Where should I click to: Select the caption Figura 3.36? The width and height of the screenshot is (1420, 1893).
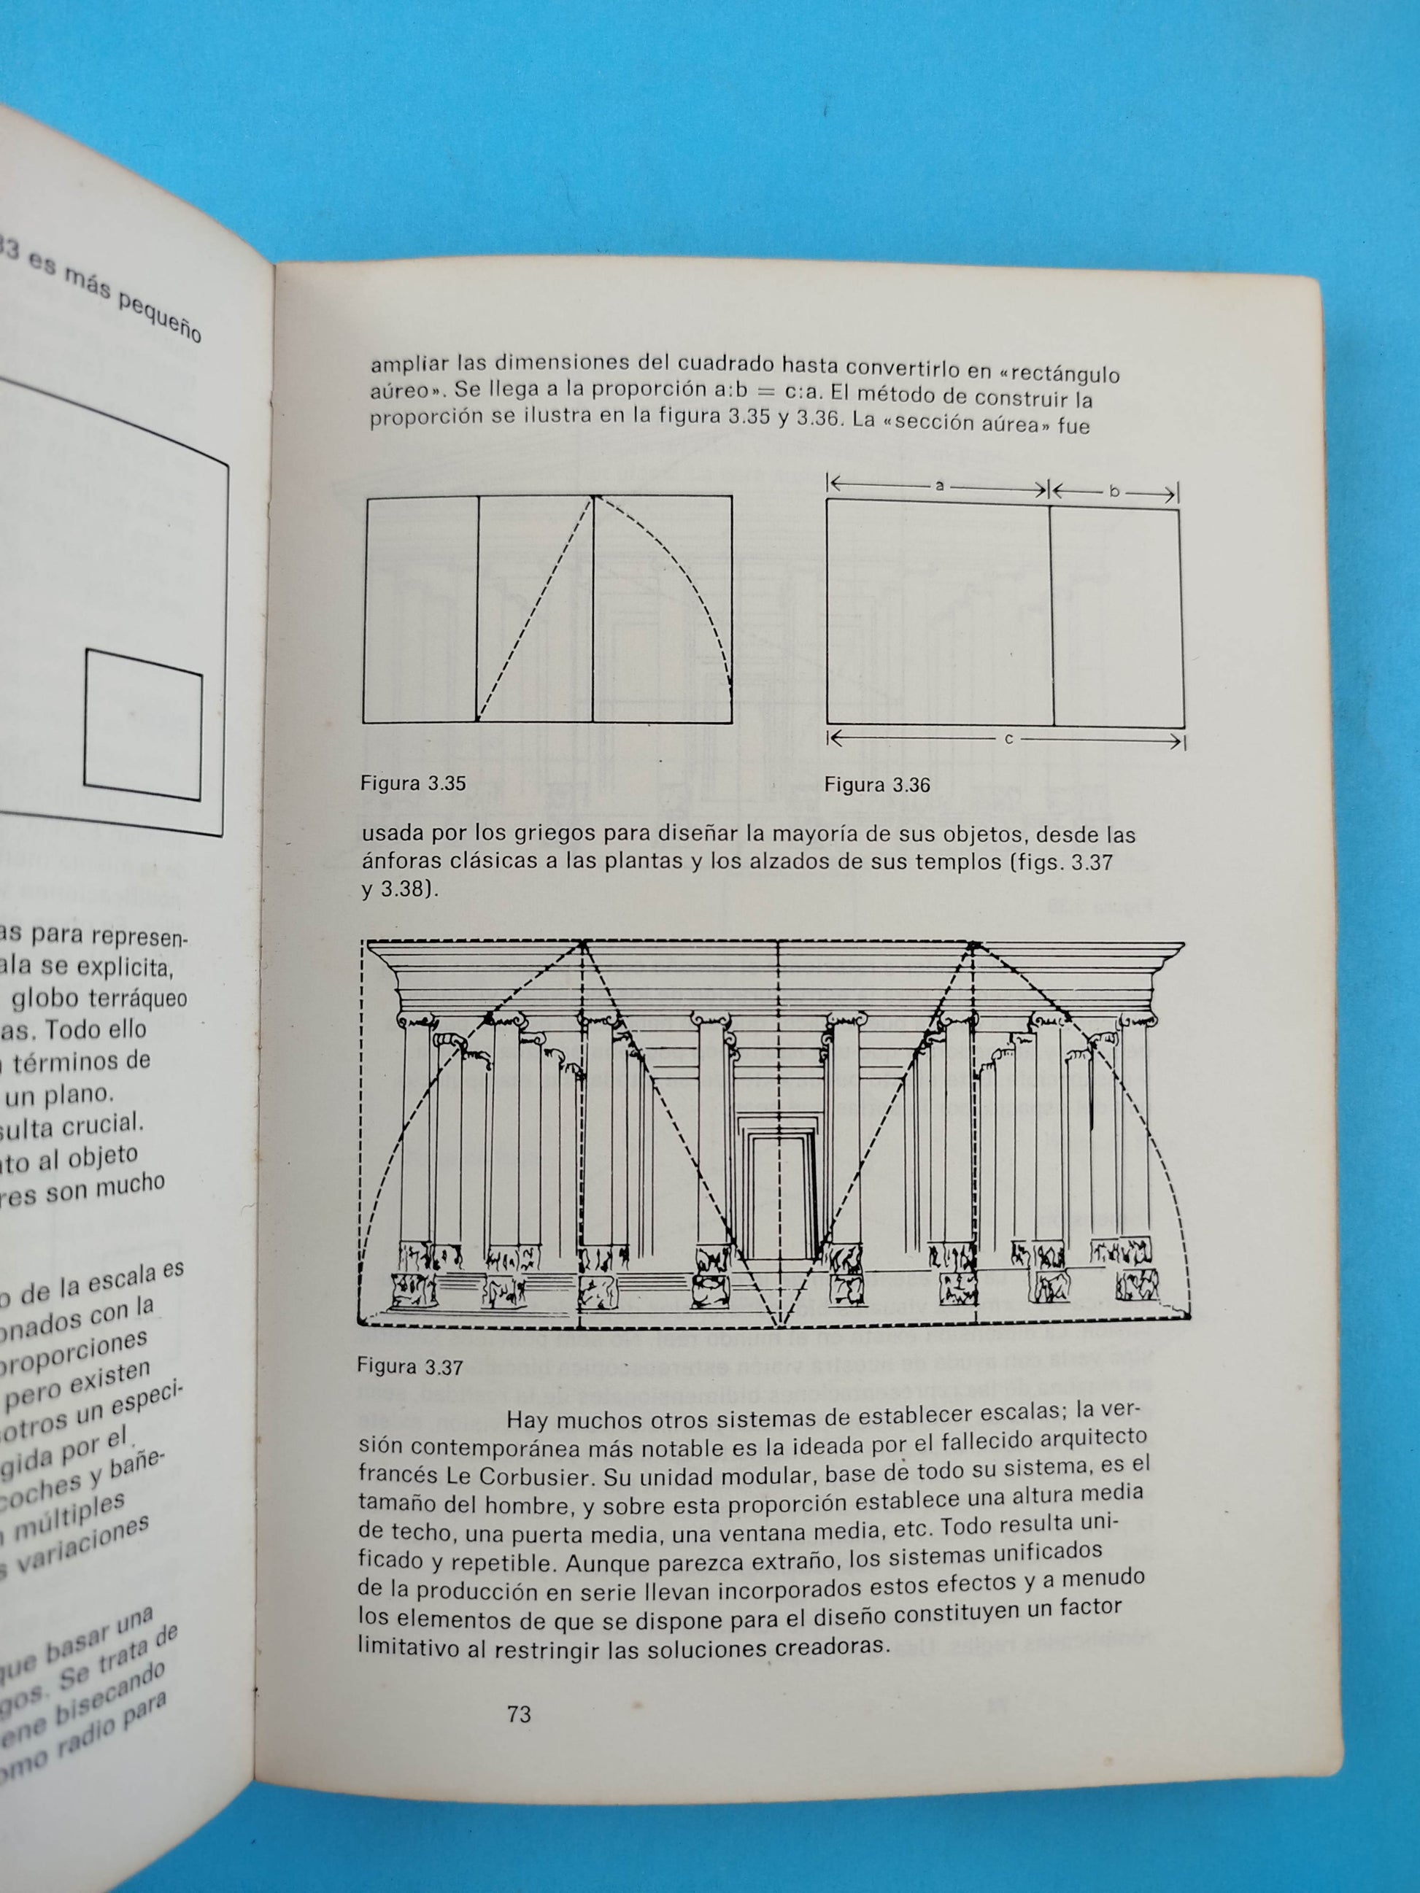[x=876, y=786]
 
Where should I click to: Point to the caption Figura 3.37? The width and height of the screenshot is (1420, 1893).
[x=410, y=1368]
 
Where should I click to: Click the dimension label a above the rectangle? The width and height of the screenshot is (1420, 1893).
[x=939, y=486]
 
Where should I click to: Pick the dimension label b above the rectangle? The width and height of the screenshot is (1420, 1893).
[x=1114, y=491]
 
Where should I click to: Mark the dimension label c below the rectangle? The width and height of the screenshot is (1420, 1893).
[x=1008, y=738]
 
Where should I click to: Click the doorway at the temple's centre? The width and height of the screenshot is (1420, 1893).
[x=778, y=1198]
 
